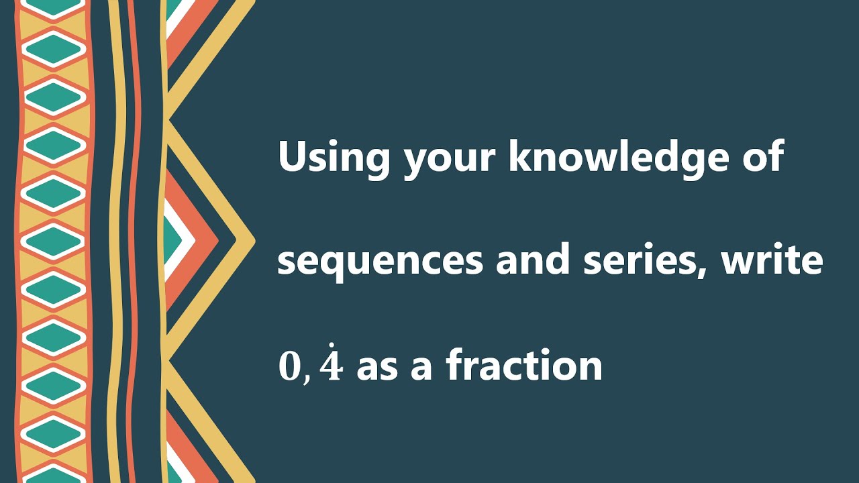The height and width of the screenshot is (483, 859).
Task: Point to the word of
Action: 765,157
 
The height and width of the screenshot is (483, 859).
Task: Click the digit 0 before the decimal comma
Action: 290,366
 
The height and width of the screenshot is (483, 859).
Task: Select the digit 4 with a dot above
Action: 331,368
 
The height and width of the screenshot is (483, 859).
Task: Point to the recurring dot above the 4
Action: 332,347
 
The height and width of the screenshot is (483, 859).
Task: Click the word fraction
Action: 523,366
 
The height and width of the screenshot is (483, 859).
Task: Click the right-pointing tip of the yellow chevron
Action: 251,239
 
